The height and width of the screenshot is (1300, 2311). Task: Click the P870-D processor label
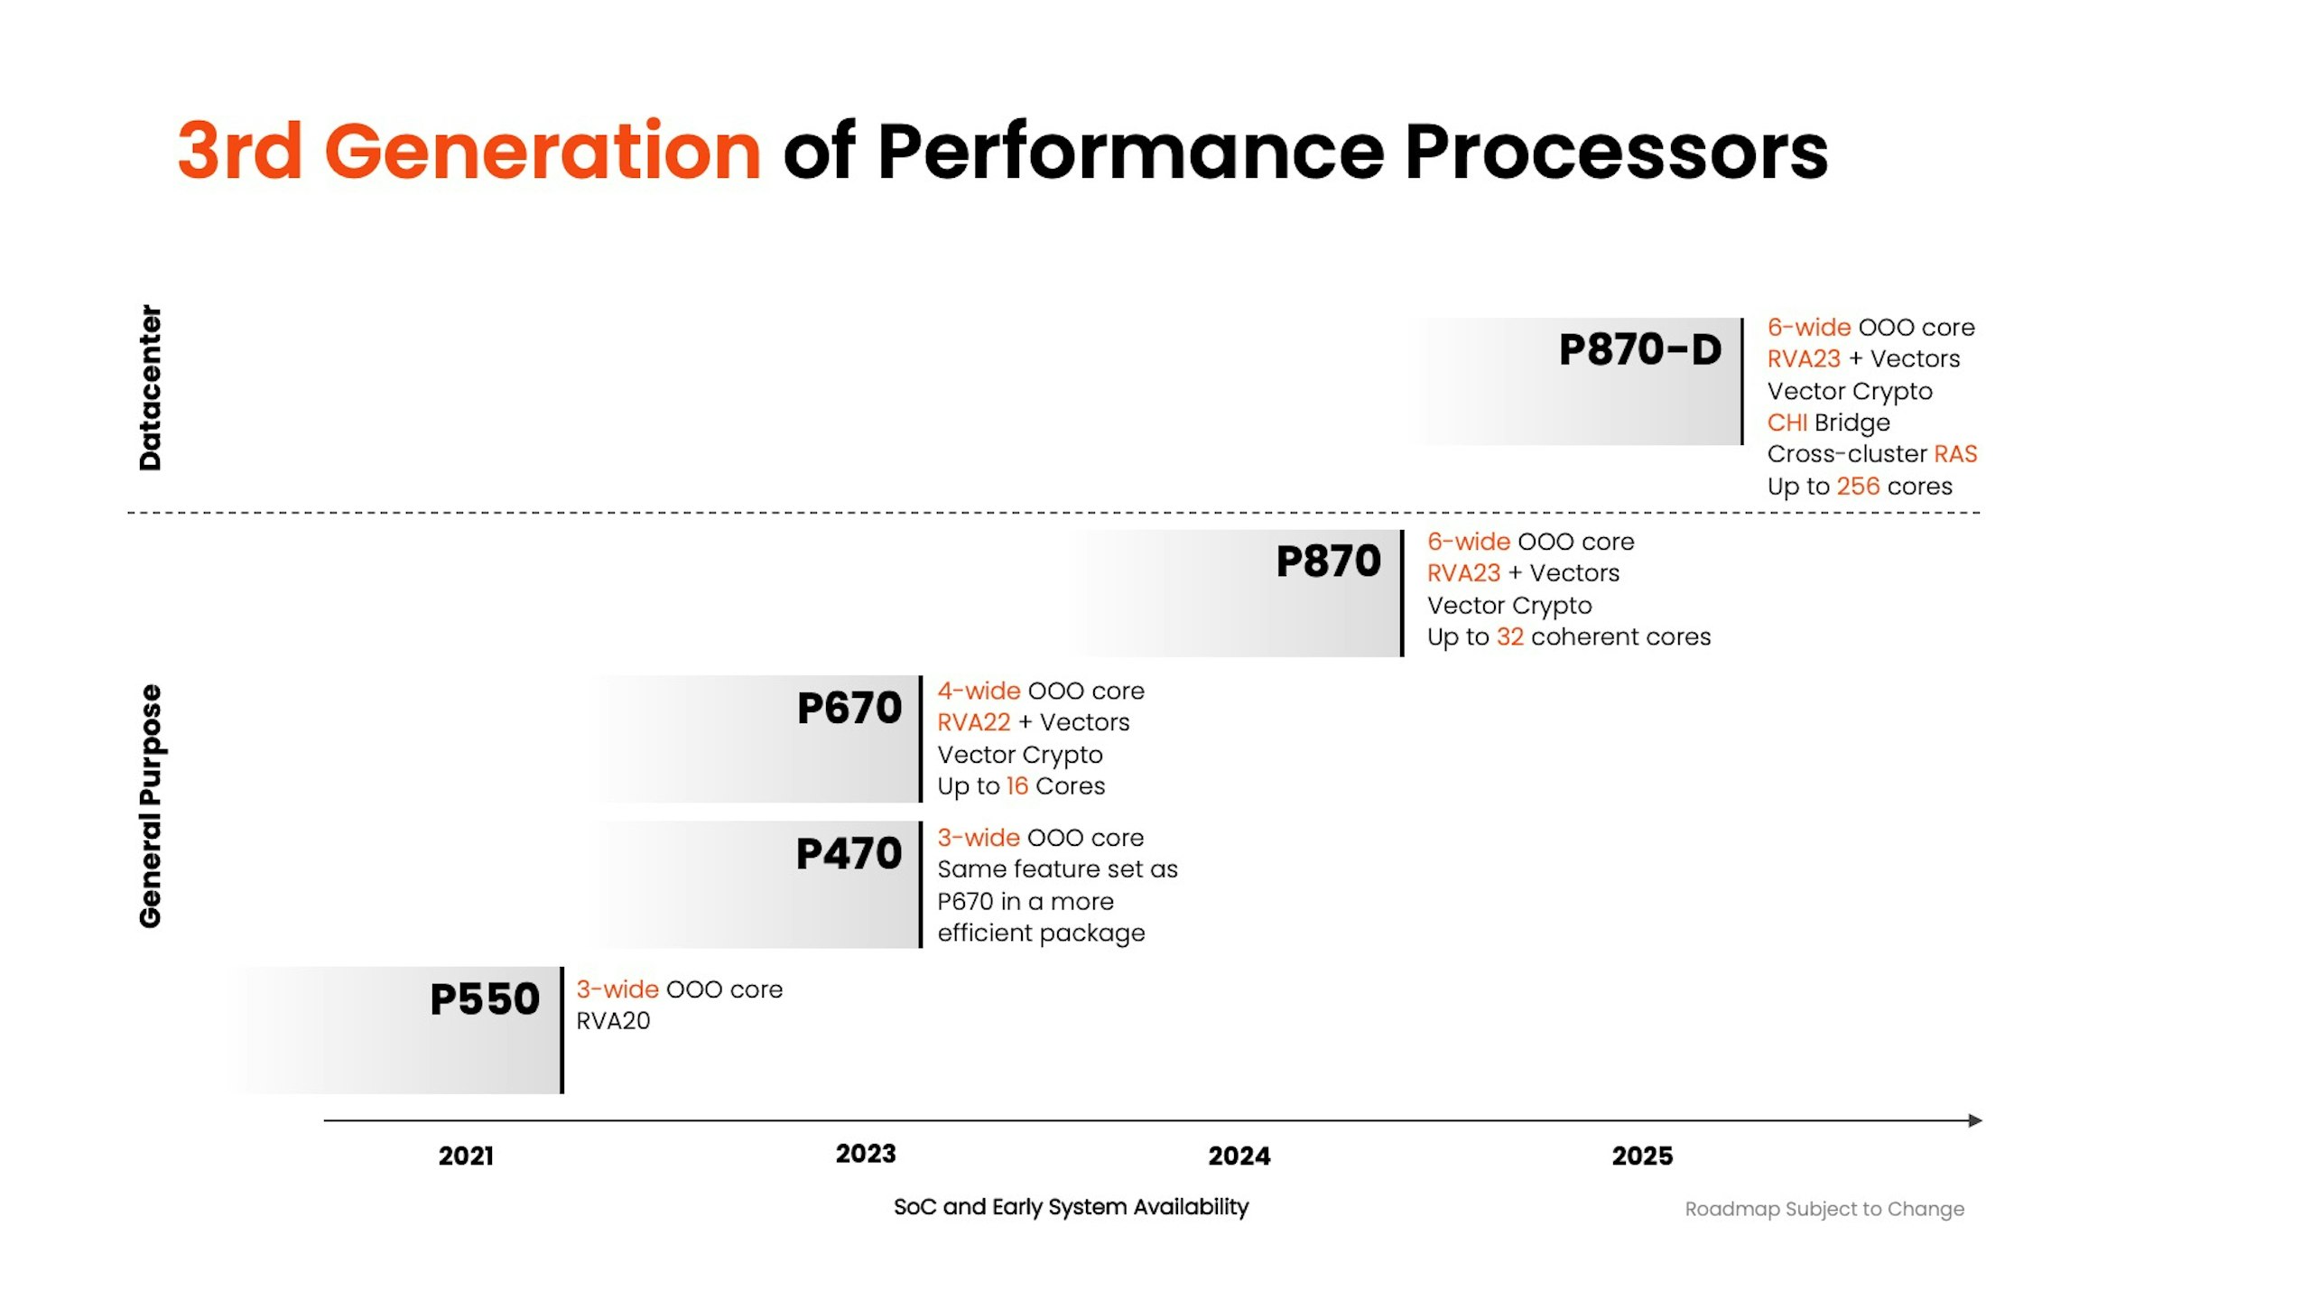tap(1639, 350)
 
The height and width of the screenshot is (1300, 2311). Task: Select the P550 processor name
tap(485, 999)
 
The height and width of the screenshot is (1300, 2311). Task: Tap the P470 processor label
tap(849, 854)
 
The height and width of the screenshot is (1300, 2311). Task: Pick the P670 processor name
tap(849, 708)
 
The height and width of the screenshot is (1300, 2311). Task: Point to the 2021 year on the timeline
tap(466, 1156)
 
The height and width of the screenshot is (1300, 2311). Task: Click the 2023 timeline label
tap(866, 1154)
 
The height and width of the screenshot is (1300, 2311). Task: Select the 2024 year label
tap(1239, 1156)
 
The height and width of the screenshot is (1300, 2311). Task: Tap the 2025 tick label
tap(1642, 1156)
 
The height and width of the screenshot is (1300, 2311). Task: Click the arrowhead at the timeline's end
tap(1975, 1120)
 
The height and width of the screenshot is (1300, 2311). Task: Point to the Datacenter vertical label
tap(150, 388)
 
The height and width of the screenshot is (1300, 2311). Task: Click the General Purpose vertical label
tap(150, 806)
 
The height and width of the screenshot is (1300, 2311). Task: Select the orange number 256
tap(1858, 487)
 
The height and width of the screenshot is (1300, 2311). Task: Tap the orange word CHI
tap(1787, 422)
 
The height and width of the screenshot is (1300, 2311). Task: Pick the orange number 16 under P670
tap(1017, 786)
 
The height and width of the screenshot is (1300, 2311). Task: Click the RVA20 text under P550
tap(613, 1021)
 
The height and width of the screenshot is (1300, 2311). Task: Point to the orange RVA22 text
tap(973, 722)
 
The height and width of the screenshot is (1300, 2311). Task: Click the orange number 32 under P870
tap(1509, 637)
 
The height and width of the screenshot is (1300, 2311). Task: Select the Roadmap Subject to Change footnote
tap(1824, 1209)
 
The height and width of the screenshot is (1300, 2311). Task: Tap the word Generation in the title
tap(542, 151)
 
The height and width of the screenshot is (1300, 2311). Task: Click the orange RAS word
tap(1955, 454)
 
